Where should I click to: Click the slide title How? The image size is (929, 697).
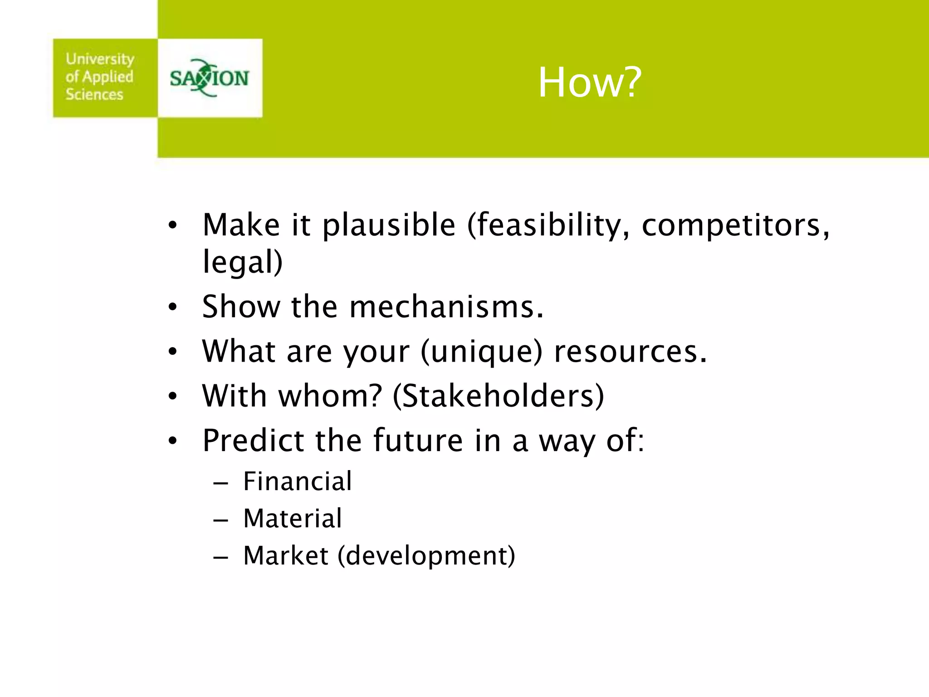point(590,83)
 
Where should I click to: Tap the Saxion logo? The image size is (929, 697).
point(209,78)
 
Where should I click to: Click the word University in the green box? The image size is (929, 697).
point(100,59)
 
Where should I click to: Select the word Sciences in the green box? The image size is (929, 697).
point(94,94)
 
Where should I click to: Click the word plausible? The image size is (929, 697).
point(389,225)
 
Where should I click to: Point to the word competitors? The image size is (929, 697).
point(735,225)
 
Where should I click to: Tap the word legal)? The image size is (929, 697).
point(242,262)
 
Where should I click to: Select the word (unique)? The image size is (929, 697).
point(481,352)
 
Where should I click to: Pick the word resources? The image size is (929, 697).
point(631,352)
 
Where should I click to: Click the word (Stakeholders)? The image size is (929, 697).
point(499,396)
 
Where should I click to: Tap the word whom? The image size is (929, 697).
point(331,396)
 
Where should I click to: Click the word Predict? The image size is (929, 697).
point(253,440)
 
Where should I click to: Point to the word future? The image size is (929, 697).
point(418,440)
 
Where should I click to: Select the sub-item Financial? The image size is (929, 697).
point(298,481)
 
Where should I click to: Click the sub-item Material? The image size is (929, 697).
point(293,518)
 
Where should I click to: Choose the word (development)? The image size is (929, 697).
point(426,556)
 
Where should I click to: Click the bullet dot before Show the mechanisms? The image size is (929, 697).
point(172,308)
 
